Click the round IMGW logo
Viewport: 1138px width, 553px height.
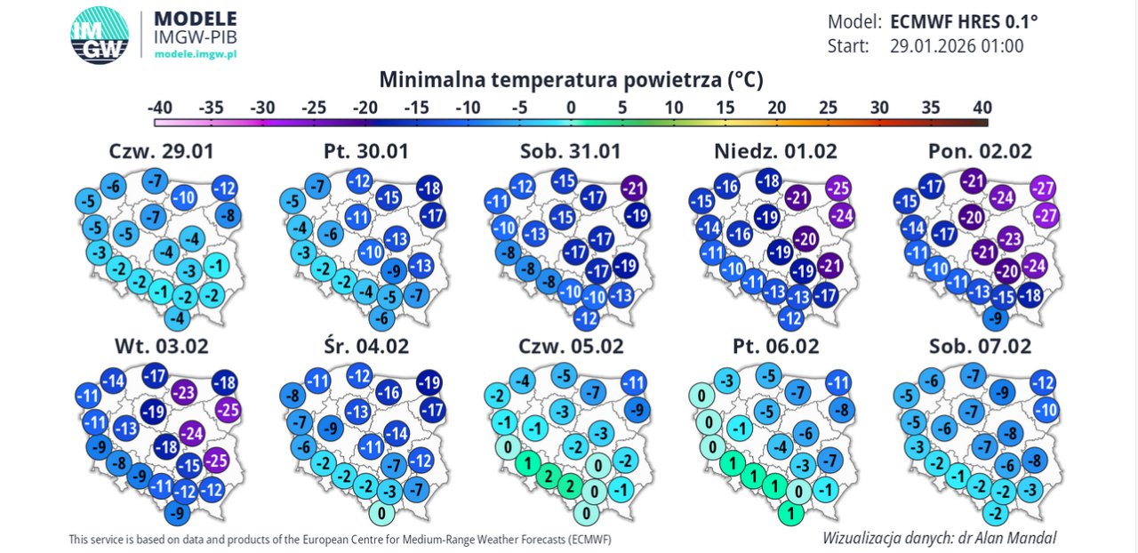99,35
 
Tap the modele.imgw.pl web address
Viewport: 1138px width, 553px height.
196,53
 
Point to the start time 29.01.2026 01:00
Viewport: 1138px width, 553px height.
957,46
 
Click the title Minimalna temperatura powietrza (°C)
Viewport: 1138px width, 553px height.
572,80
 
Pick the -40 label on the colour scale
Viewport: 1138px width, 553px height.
160,108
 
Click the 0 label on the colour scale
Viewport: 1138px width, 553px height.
571,108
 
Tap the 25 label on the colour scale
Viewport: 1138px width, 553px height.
828,108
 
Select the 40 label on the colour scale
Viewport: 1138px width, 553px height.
982,108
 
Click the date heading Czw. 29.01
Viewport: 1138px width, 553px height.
162,151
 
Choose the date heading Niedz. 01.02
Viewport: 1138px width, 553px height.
775,151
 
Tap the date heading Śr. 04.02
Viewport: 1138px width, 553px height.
366,345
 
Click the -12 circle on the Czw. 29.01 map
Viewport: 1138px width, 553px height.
225,188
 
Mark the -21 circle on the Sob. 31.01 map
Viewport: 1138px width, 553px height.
634,188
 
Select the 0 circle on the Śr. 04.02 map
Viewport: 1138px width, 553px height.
381,513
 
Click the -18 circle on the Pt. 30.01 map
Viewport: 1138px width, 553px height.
429,188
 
